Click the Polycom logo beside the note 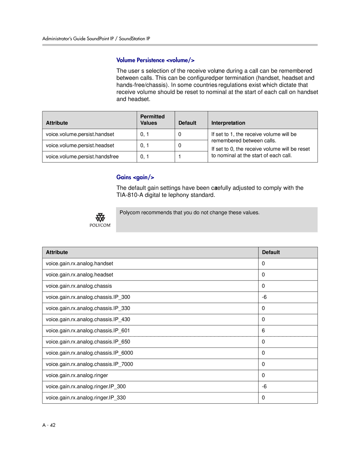(x=100, y=220)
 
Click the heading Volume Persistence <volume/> (x=155, y=60)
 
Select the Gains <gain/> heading (x=135, y=177)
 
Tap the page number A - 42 (x=49, y=425)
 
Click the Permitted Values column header (x=152, y=120)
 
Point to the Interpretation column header (x=228, y=123)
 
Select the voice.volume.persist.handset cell (x=80, y=134)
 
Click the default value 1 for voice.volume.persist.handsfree (x=180, y=157)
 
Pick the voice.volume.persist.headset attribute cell (x=80, y=145)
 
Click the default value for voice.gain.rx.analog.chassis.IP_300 (x=264, y=297)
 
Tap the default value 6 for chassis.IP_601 (x=263, y=331)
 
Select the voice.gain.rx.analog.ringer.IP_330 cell (x=86, y=398)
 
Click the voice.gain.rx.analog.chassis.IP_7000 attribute (x=89, y=364)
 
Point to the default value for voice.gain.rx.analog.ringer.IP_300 (x=264, y=387)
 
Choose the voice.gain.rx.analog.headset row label (x=79, y=275)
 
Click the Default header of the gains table (x=271, y=253)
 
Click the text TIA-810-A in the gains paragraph (x=130, y=195)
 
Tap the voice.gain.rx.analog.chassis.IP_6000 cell (x=89, y=353)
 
